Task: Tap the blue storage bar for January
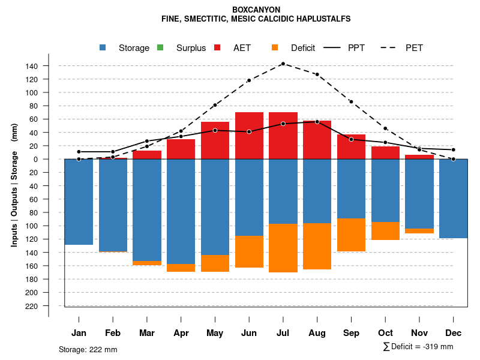click(x=79, y=202)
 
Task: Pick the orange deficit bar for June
click(x=249, y=251)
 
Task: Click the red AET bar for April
click(x=181, y=149)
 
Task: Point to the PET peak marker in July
click(x=283, y=64)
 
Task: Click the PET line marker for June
click(x=248, y=80)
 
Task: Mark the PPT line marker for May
click(x=215, y=130)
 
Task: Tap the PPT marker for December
click(x=453, y=149)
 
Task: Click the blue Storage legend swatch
click(x=103, y=48)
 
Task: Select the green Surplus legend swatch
click(x=160, y=48)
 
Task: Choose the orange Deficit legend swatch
click(x=275, y=48)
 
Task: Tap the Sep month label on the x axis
click(x=351, y=333)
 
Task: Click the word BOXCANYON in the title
click(x=256, y=10)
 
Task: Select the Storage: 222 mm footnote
click(x=88, y=349)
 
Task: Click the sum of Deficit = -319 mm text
click(x=418, y=347)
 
